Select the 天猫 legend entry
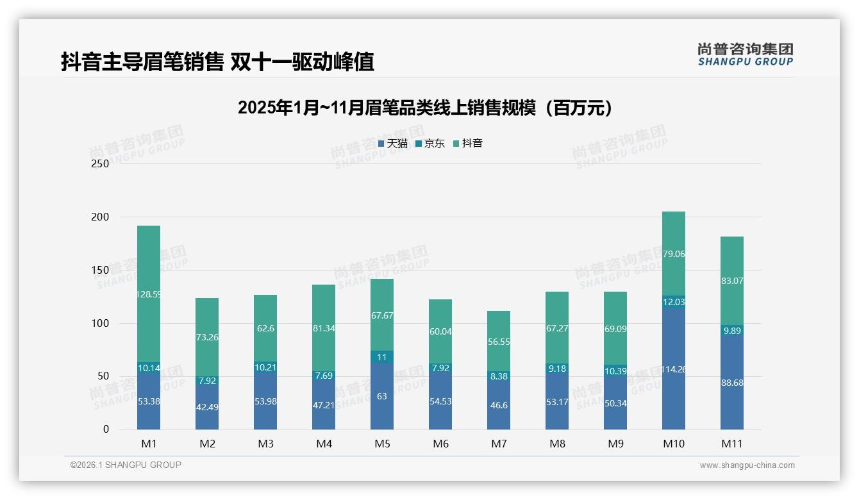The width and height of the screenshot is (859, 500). [x=393, y=144]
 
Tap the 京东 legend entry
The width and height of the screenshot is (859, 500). [x=430, y=144]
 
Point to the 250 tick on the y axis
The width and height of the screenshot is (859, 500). [x=101, y=163]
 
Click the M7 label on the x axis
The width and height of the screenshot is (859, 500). [x=499, y=444]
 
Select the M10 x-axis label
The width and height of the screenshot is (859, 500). [x=674, y=444]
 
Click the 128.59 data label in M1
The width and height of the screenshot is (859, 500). [x=149, y=295]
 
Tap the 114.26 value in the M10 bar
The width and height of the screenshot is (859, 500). [x=674, y=369]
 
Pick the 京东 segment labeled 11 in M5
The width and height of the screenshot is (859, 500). [x=382, y=357]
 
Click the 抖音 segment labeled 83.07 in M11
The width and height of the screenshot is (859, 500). [x=732, y=281]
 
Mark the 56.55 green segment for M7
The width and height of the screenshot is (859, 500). [x=499, y=342]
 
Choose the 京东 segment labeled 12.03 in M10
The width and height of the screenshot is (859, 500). [x=674, y=302]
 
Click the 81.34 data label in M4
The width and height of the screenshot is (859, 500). [x=324, y=328]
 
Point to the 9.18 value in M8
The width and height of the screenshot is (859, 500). [x=557, y=369]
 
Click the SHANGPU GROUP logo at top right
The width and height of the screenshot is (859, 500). [x=745, y=54]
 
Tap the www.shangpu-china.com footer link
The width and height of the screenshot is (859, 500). [x=747, y=465]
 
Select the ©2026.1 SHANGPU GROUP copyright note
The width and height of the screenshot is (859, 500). [x=126, y=465]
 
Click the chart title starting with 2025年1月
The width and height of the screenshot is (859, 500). [x=424, y=108]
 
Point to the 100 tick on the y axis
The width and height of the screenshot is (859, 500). [x=101, y=323]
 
